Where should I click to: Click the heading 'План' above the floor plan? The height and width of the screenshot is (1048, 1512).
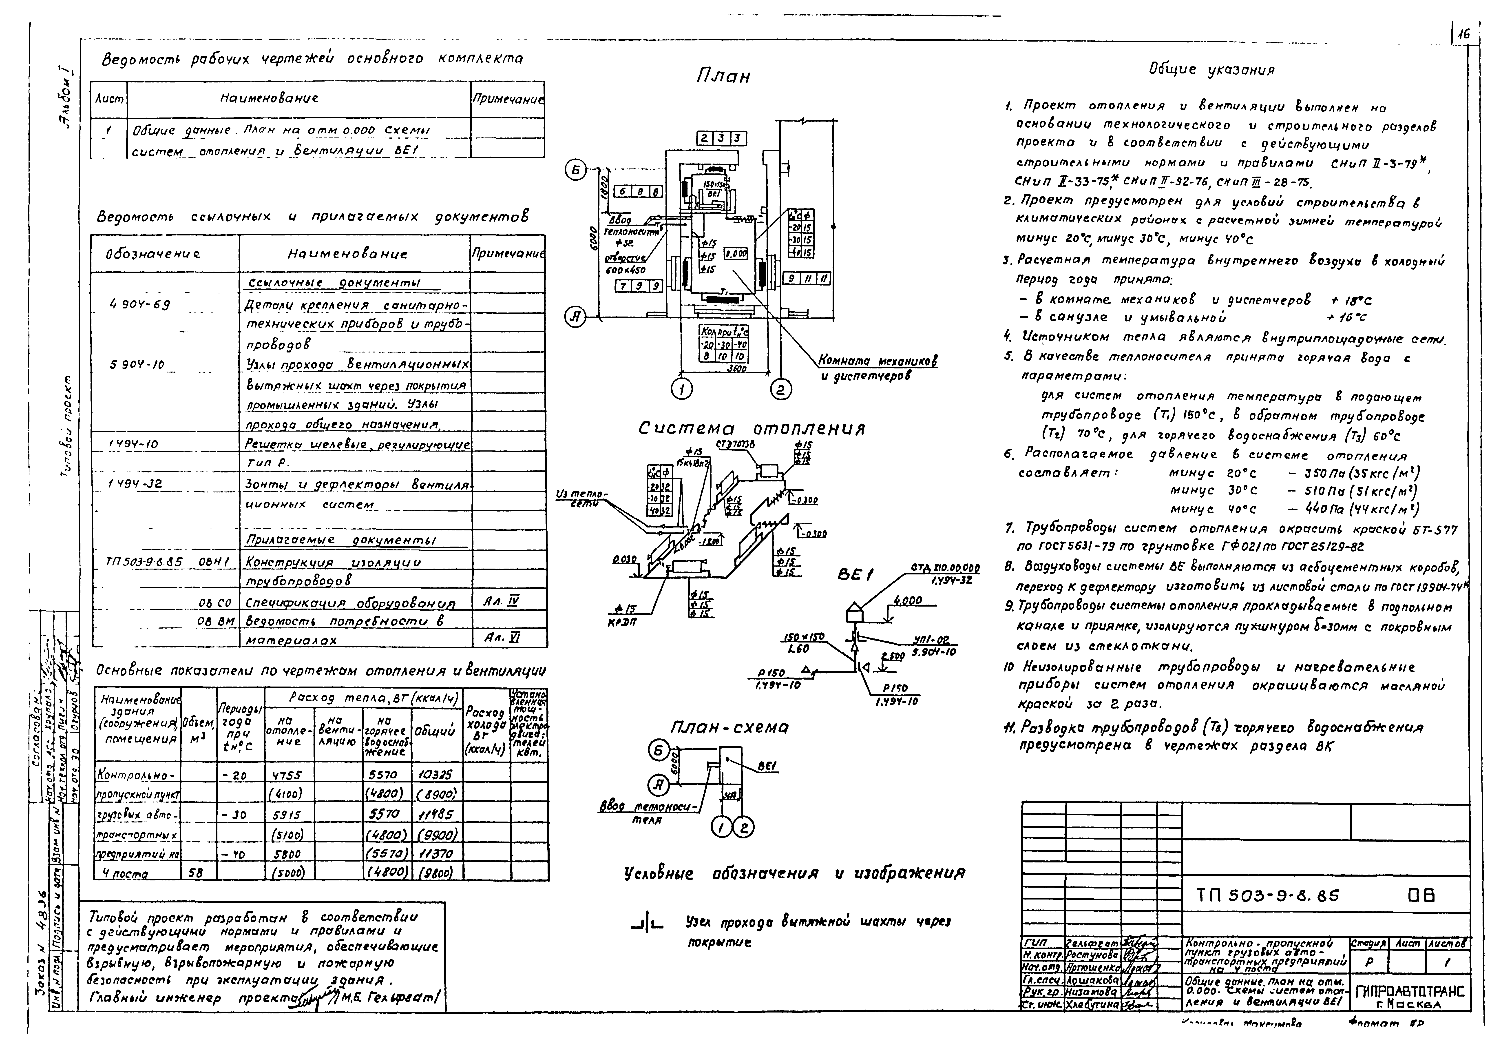722,77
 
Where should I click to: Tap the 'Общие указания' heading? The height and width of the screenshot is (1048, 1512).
1211,70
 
